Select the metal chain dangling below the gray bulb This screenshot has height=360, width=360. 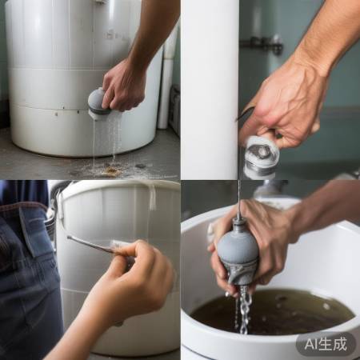[243, 308]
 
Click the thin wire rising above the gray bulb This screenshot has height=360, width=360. [238, 200]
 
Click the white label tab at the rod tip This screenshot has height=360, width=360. [120, 245]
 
